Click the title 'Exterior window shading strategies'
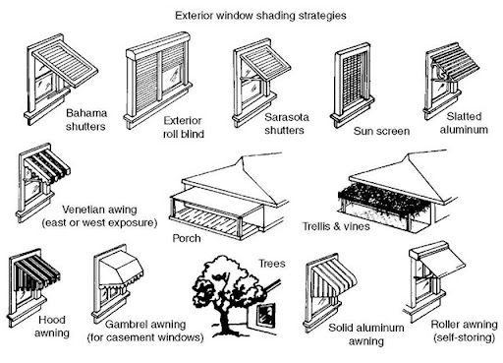260,16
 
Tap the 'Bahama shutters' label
86,120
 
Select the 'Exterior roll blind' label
184,127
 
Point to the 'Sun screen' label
381,131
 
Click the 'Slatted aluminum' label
464,123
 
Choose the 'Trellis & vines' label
336,226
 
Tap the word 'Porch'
187,238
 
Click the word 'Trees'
272,264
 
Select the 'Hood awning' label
52,327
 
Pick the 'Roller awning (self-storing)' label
464,331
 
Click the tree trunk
225,318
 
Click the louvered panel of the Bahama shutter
65,64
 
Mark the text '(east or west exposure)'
99,223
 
